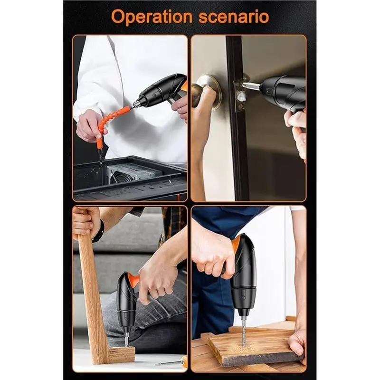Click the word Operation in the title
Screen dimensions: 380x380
pos(152,17)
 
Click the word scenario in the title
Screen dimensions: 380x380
pos(234,17)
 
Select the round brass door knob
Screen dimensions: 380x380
pos(206,91)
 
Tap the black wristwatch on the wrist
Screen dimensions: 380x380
pos(99,231)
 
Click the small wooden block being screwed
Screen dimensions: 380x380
pos(121,354)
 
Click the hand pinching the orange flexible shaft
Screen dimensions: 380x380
pos(89,125)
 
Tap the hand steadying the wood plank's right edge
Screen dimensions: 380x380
pos(298,343)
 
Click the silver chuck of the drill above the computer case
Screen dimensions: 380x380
pos(136,104)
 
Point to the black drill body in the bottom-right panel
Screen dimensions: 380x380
pos(244,276)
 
